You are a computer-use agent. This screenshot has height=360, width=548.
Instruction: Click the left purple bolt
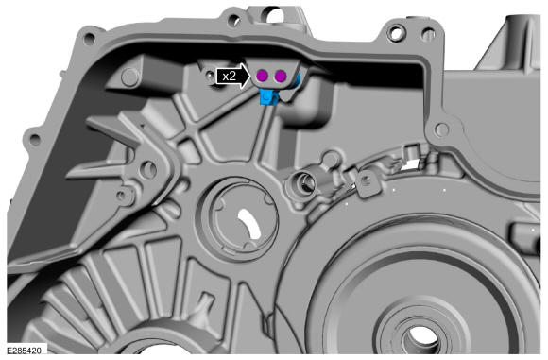click(262, 76)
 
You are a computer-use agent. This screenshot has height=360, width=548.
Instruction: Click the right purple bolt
click(281, 76)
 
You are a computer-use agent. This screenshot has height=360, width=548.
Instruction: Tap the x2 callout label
click(229, 76)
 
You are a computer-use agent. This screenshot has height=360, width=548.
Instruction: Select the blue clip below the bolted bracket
click(268, 96)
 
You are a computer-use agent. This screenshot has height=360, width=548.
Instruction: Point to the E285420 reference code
click(25, 351)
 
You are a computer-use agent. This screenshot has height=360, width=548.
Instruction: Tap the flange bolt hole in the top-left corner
click(90, 38)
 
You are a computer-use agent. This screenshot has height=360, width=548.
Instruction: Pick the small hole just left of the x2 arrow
click(209, 74)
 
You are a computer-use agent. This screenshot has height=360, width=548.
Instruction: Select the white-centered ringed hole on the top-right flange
click(396, 34)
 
